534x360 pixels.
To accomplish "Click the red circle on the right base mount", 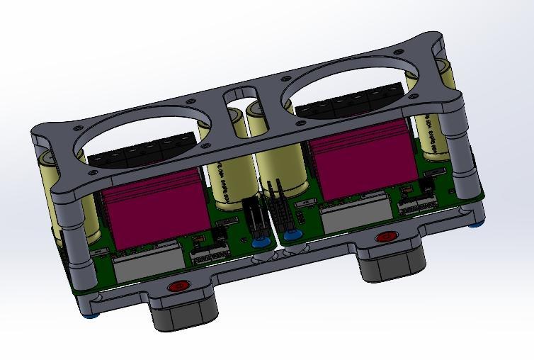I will click(x=387, y=237).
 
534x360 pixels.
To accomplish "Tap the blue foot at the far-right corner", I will click(x=479, y=225).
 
